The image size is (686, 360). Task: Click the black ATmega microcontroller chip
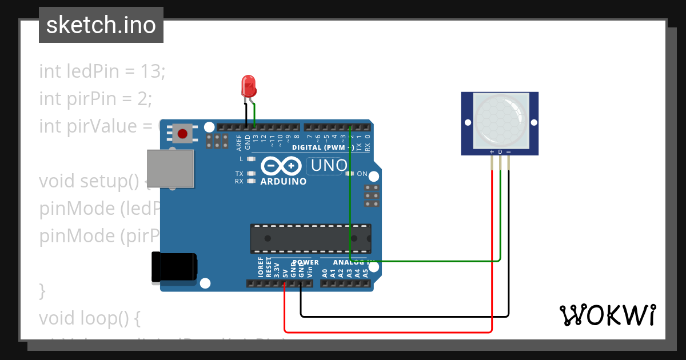click(x=310, y=238)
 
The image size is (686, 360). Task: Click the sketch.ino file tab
click(x=101, y=25)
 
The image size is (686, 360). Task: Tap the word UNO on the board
click(x=327, y=166)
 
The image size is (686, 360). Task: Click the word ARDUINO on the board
click(x=284, y=182)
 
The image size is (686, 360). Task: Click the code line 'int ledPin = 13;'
click(x=102, y=71)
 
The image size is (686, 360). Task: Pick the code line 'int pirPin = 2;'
click(x=95, y=98)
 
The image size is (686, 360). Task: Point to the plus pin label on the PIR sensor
click(x=492, y=152)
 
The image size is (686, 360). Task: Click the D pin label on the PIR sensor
click(x=500, y=152)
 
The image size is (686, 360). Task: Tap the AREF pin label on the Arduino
click(x=239, y=142)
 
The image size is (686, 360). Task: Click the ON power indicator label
click(x=362, y=174)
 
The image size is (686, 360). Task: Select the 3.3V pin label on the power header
click(x=276, y=269)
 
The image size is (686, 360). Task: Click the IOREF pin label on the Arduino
click(x=260, y=267)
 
